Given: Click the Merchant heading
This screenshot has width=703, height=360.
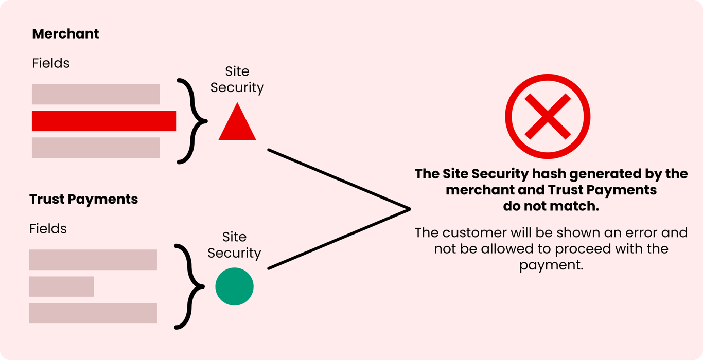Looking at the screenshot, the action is tap(65, 34).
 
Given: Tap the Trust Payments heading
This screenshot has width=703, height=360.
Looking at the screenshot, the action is tap(83, 200).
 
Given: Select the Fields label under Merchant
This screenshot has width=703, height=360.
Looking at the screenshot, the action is tap(50, 63).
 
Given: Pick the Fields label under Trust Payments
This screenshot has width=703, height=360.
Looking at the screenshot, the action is tap(48, 229).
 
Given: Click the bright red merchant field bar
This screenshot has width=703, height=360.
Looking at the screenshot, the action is tap(104, 121).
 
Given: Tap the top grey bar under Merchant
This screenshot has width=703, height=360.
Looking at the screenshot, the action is tap(96, 94).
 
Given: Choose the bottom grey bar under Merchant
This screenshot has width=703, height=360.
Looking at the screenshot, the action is tap(96, 148).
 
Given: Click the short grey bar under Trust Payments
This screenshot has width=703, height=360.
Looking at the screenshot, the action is tap(61, 286).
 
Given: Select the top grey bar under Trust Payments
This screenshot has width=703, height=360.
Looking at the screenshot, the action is tap(93, 260).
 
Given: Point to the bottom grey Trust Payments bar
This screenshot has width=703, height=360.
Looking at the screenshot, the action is tap(93, 313).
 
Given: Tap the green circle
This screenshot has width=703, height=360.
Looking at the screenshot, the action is tap(235, 286).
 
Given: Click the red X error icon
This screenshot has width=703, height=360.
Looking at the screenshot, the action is tap(548, 116).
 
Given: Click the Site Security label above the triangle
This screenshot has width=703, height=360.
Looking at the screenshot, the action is tap(237, 80).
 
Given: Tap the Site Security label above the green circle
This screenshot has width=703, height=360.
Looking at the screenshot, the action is tap(234, 245).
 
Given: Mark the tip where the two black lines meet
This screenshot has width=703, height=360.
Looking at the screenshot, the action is tap(409, 209).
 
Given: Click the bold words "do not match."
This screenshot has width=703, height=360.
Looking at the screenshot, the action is tap(551, 206).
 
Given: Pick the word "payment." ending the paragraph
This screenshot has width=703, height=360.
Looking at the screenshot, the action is tap(551, 265).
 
